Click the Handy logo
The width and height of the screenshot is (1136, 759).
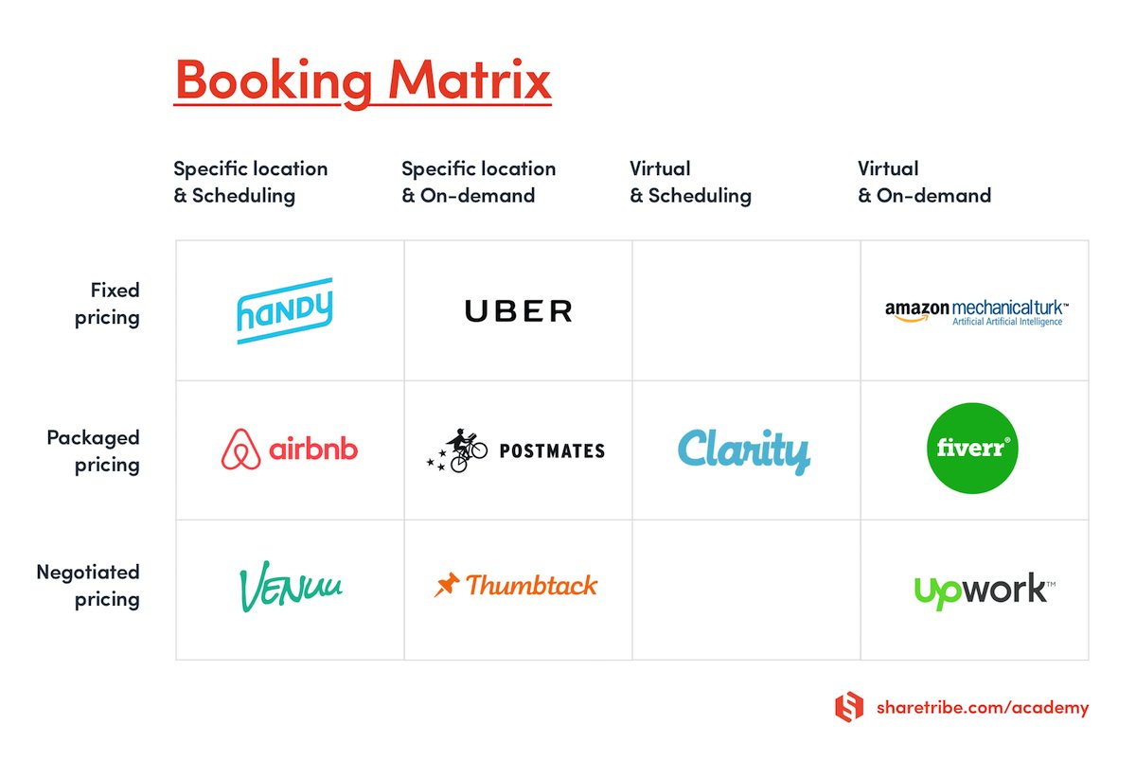tap(284, 310)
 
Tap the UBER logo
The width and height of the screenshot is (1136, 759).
tap(518, 310)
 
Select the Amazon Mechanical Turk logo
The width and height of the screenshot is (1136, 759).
tap(976, 312)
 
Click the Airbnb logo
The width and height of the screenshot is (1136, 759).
tap(290, 449)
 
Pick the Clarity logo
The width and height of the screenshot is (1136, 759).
tap(744, 451)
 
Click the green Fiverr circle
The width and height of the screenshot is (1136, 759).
tap(972, 449)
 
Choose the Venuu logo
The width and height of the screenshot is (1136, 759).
tap(290, 588)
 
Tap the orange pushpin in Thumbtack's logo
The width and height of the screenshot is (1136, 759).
tap(446, 585)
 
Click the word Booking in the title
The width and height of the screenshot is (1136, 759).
tap(274, 79)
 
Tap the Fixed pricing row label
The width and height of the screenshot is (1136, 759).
tap(107, 303)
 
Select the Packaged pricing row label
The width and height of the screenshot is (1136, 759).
tap(93, 450)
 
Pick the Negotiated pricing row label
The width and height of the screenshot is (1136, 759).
tap(88, 585)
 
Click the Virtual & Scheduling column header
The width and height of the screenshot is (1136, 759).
tap(690, 182)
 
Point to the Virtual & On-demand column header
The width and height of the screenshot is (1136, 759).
tap(924, 182)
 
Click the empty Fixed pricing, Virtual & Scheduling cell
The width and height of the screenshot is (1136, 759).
tap(746, 310)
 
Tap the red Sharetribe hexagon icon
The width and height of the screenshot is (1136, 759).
tap(849, 707)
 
